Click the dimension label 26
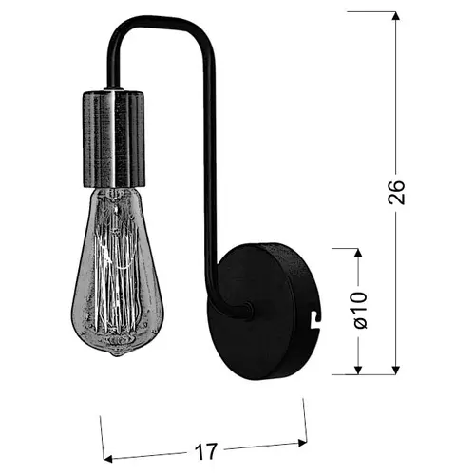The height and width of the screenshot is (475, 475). pos(396,193)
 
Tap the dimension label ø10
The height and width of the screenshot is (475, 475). pos(359,310)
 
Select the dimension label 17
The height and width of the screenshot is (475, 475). pos(206,451)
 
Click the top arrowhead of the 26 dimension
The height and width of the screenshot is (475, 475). pos(395,16)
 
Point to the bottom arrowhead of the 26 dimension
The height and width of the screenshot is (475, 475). pos(395,370)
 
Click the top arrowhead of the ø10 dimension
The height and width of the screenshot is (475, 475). pos(358,253)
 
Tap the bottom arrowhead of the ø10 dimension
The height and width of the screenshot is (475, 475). pos(358,370)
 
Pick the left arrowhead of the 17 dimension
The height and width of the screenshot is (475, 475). pos(108,458)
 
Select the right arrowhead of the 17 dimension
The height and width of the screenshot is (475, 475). pos(303,443)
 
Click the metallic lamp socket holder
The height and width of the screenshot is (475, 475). pos(114,139)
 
